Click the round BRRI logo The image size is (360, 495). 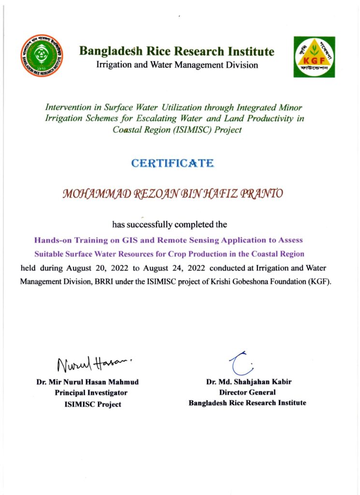point(42,56)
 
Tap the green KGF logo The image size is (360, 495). point(314,57)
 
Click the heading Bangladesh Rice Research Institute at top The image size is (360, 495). point(177,51)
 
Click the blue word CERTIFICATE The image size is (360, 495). point(173,163)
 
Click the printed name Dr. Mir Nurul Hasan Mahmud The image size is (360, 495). point(87,382)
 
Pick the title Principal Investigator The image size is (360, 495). point(91,393)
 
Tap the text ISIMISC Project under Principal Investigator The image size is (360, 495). point(93,404)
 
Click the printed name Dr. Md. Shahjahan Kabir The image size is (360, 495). point(249,382)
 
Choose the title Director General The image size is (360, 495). point(247,393)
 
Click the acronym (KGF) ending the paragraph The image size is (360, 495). point(320,282)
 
